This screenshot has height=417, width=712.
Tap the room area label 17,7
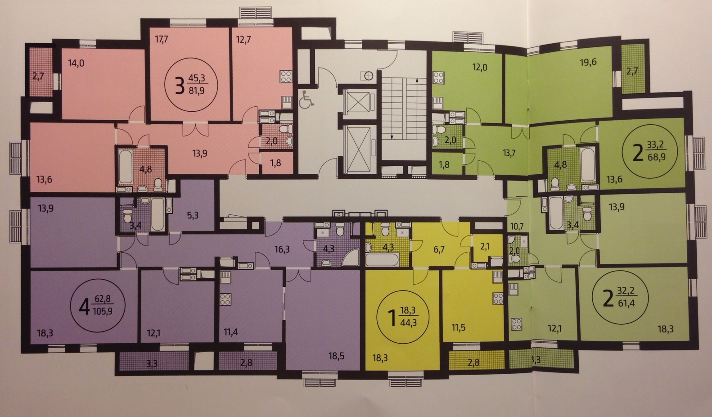pyautogui.click(x=162, y=40)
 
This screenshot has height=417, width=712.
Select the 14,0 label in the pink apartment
pyautogui.click(x=76, y=63)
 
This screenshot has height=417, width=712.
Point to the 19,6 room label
pyautogui.click(x=588, y=62)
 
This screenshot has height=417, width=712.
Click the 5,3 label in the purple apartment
pyautogui.click(x=193, y=215)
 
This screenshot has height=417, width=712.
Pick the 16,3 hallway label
pyautogui.click(x=282, y=249)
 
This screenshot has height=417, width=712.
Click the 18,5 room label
pyautogui.click(x=337, y=356)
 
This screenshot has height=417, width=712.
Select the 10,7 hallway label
pyautogui.click(x=517, y=227)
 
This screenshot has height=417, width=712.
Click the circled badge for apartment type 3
pyautogui.click(x=191, y=84)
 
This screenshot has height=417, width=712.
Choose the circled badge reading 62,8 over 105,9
pyautogui.click(x=98, y=305)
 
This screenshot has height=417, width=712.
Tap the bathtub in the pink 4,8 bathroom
pyautogui.click(x=126, y=167)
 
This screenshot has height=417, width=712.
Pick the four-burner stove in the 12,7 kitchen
pyautogui.click(x=286, y=77)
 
